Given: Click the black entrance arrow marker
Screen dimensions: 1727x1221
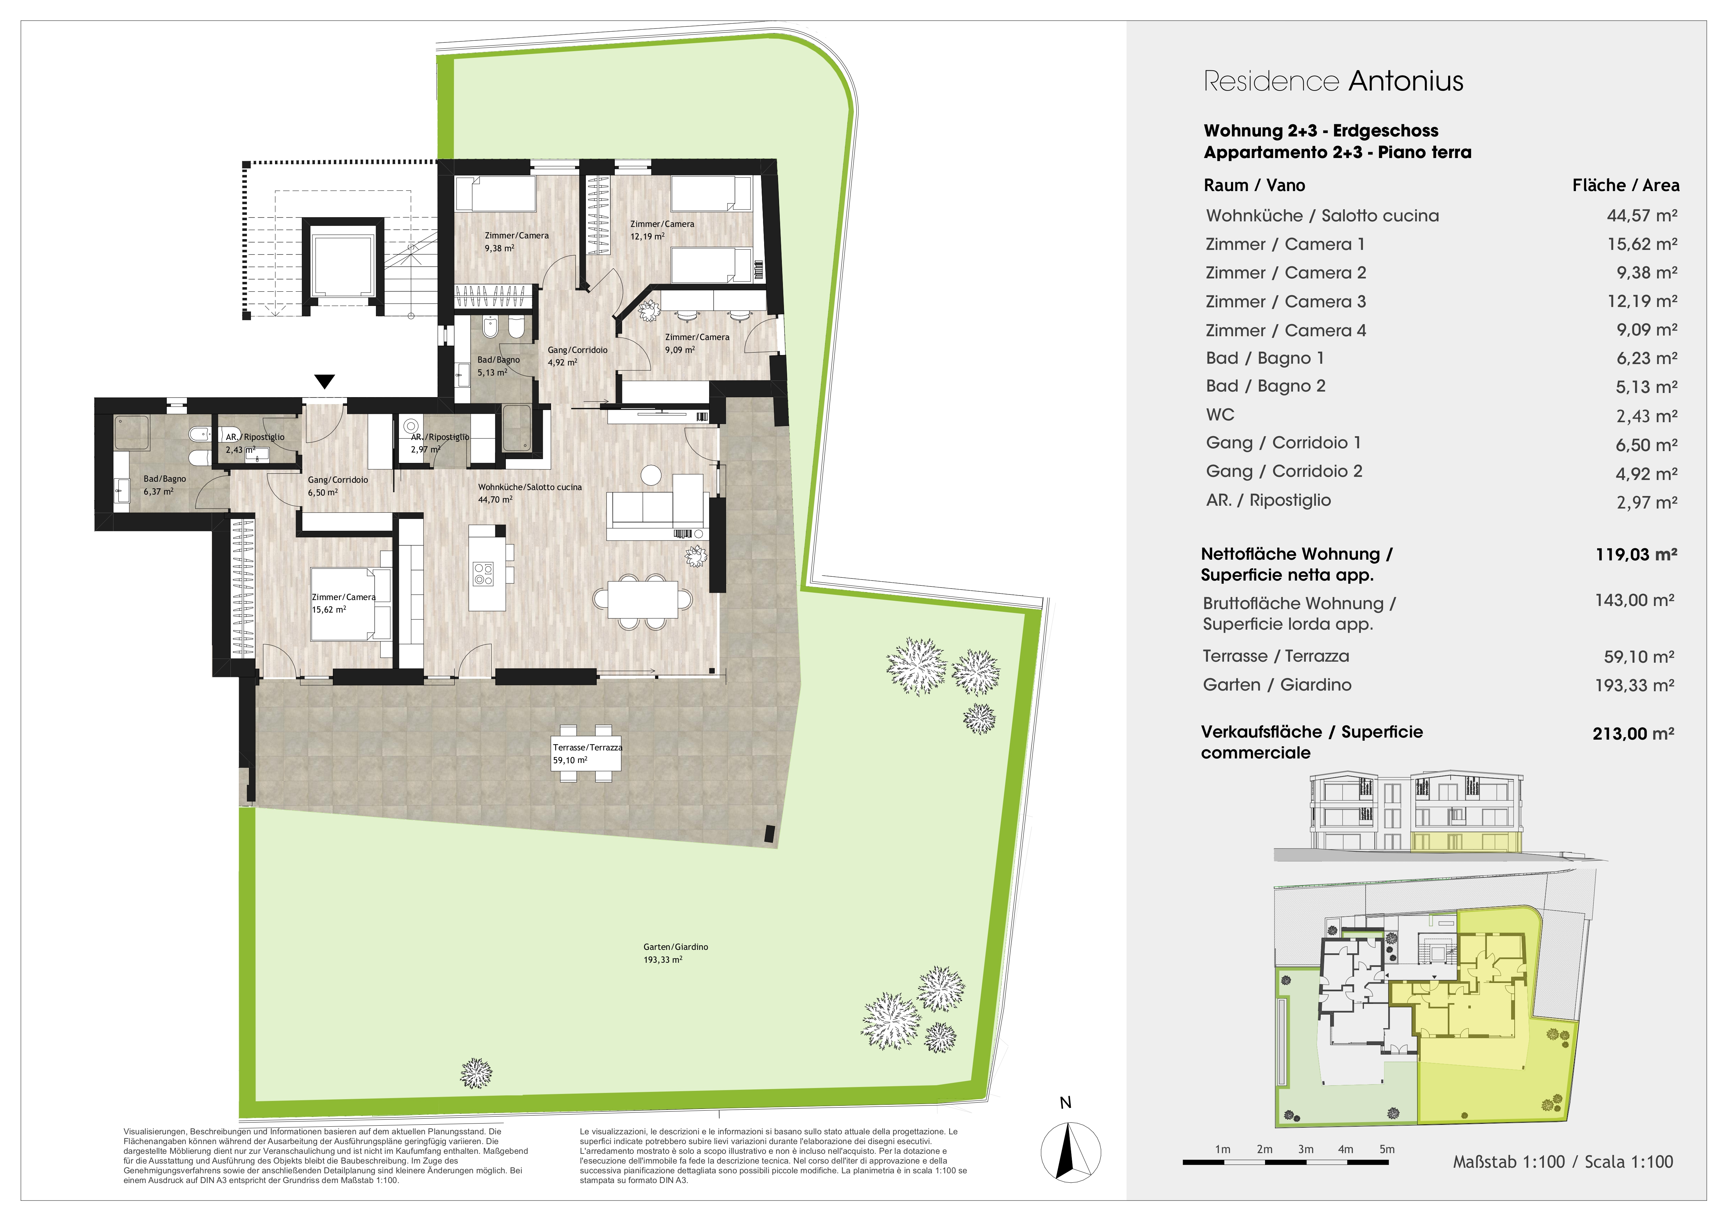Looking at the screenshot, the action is (324, 381).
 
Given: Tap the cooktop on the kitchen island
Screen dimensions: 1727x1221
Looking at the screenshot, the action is (483, 574).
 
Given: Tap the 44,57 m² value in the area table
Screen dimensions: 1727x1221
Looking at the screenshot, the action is (1642, 216).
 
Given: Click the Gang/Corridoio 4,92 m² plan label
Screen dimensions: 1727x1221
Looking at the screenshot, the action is (577, 356).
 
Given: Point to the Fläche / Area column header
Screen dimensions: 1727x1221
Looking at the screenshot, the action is (1625, 185).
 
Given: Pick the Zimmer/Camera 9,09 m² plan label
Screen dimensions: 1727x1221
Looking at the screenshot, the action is (697, 343).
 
